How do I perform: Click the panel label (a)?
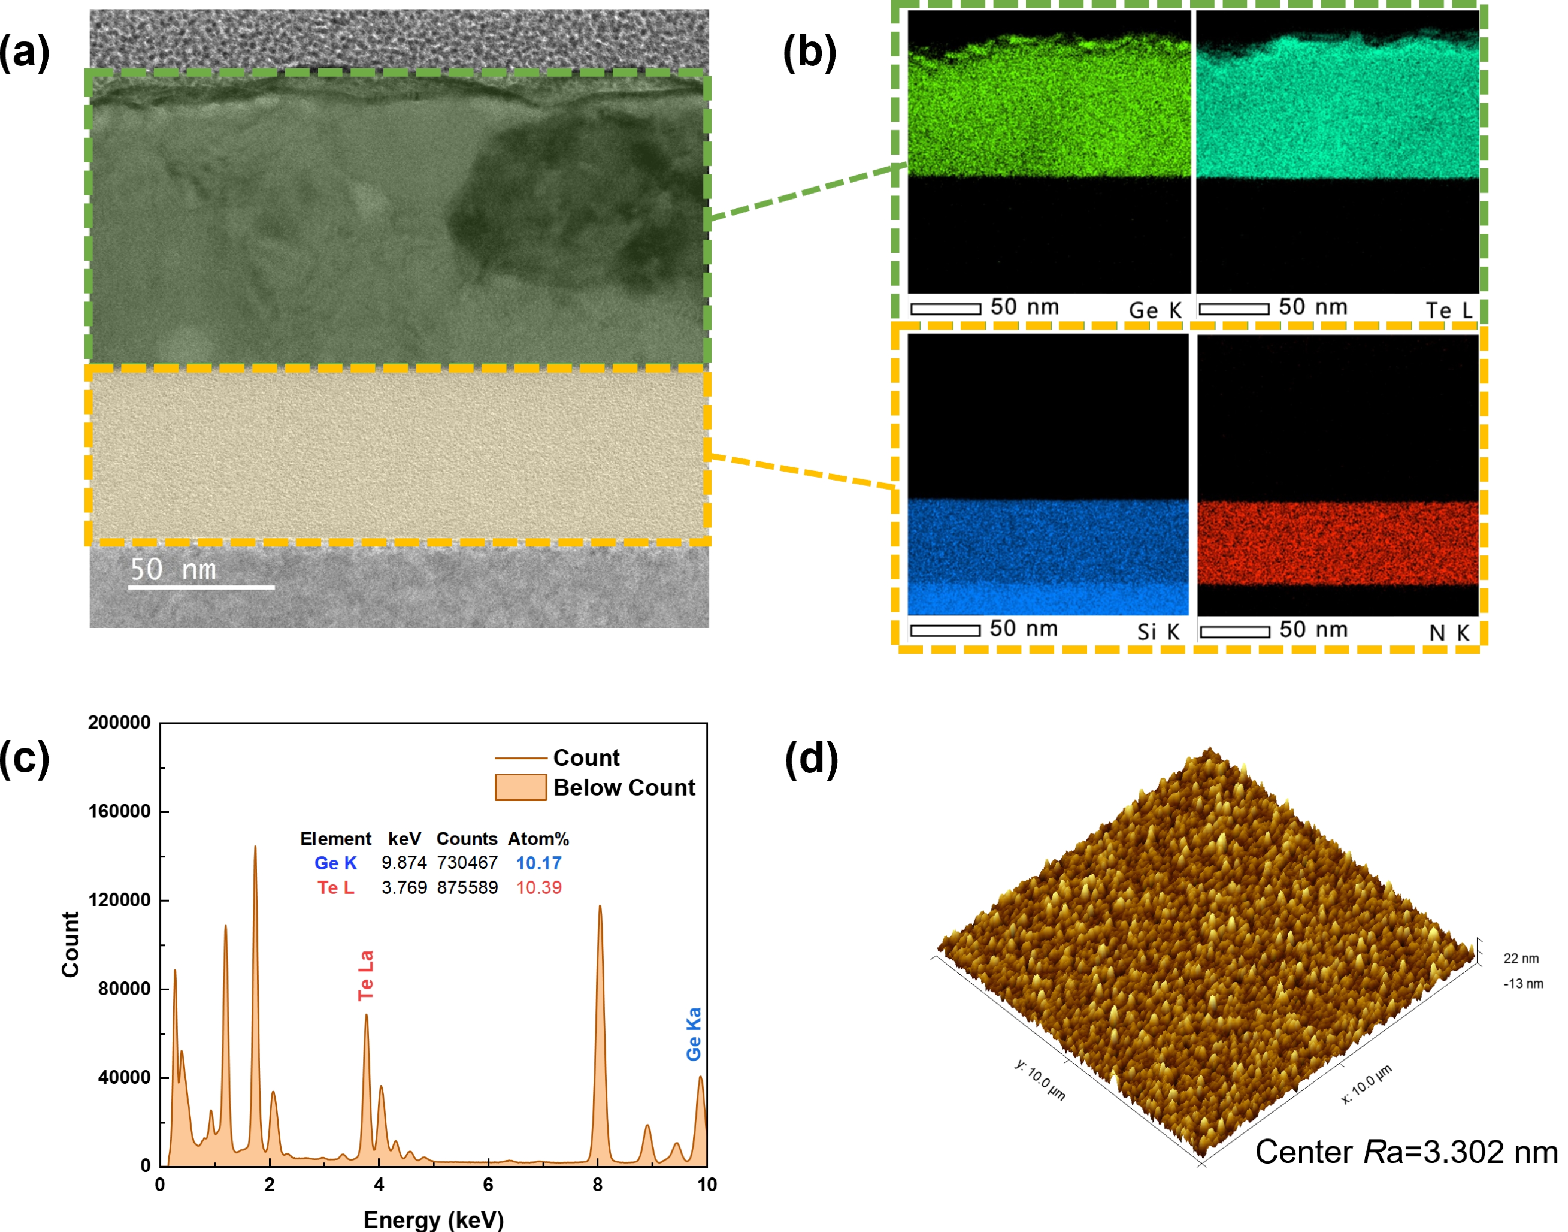[x=24, y=53]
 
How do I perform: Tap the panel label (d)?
[x=811, y=759]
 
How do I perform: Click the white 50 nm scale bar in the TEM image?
[x=201, y=587]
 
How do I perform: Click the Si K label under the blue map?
[x=1158, y=632]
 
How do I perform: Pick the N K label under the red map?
[x=1449, y=632]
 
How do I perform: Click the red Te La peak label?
[x=366, y=975]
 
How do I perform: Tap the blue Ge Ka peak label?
[x=693, y=1033]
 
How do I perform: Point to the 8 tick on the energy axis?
[x=597, y=1184]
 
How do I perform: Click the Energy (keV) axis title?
[x=434, y=1220]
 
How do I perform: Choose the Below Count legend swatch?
[x=520, y=787]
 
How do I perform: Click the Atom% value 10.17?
[x=538, y=863]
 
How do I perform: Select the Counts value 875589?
[x=467, y=887]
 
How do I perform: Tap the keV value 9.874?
[x=404, y=863]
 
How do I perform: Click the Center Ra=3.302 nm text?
[x=1406, y=1152]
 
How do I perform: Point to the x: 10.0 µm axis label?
[x=1366, y=1084]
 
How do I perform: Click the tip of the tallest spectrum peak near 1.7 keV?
[x=255, y=847]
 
